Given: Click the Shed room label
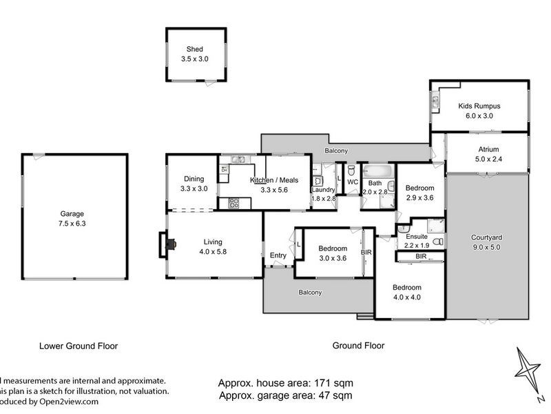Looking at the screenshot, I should click(x=194, y=49).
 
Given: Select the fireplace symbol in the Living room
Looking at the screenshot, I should click(x=169, y=244).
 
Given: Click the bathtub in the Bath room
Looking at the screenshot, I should click(x=377, y=170).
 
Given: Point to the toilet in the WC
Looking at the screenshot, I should click(x=351, y=170).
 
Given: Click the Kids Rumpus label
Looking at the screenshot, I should click(x=479, y=106).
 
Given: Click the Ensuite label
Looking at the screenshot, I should click(x=416, y=236).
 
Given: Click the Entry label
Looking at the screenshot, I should click(x=278, y=256).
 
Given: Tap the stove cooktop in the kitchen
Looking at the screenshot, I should click(x=233, y=203).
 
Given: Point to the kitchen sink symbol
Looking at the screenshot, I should click(x=239, y=161).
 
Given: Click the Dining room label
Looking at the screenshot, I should click(x=194, y=178).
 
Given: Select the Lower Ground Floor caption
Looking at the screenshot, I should click(x=79, y=345).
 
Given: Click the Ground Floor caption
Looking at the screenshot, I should click(x=358, y=345).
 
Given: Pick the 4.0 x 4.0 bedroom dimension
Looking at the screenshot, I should click(x=406, y=297).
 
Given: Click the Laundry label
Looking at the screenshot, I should click(x=322, y=190).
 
